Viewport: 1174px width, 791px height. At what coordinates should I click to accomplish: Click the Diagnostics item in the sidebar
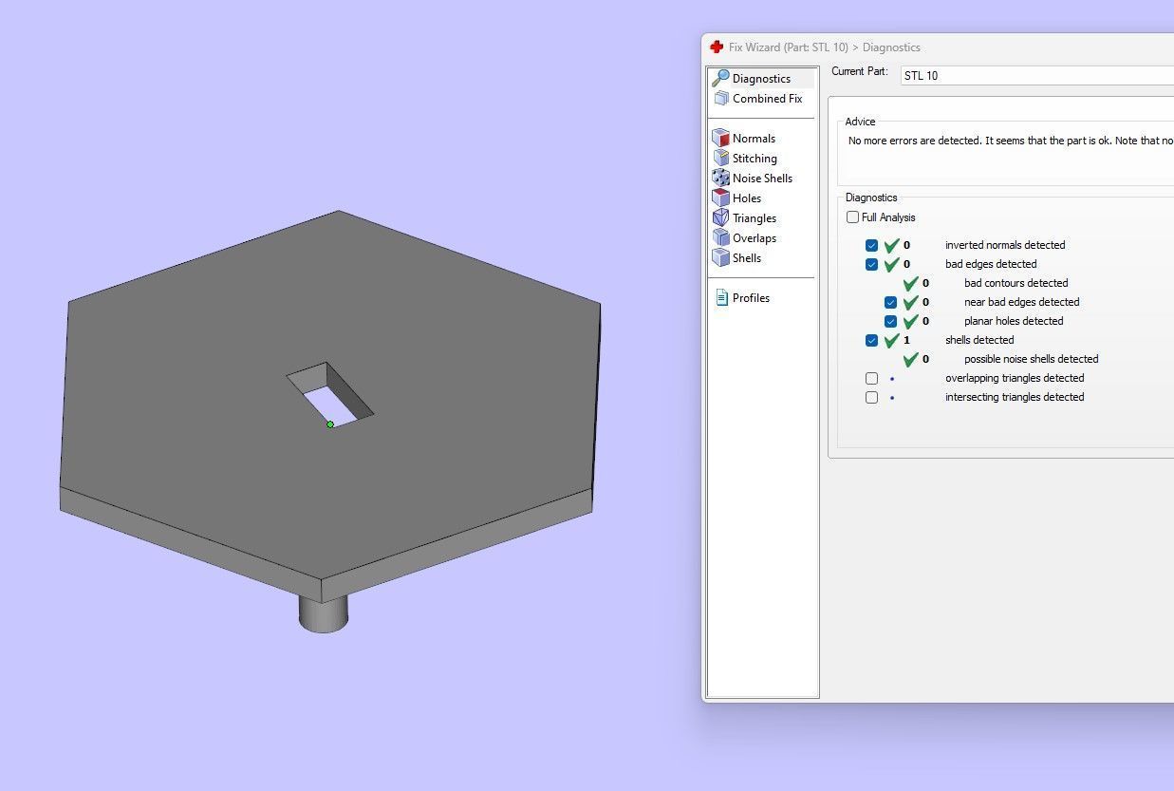click(760, 79)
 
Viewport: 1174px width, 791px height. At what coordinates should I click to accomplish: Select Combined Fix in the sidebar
click(766, 99)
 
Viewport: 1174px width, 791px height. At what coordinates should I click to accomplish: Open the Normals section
click(753, 139)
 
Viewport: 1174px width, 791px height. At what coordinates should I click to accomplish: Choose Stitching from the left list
click(754, 159)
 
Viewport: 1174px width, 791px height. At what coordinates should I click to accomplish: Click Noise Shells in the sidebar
click(761, 179)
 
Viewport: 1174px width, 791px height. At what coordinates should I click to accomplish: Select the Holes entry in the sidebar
click(746, 198)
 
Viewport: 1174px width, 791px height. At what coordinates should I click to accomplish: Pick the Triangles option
click(754, 218)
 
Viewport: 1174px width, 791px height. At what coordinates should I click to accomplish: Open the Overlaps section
click(754, 238)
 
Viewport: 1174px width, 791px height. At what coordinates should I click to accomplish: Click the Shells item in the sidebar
click(746, 258)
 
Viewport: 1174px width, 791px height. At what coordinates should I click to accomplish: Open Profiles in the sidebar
click(750, 298)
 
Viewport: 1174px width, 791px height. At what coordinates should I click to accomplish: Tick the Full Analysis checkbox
click(852, 217)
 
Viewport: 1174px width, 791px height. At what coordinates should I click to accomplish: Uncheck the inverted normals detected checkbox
click(871, 245)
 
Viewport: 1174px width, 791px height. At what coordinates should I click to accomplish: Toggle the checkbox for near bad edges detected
click(890, 302)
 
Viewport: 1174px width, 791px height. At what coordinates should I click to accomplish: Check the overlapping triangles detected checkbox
click(871, 378)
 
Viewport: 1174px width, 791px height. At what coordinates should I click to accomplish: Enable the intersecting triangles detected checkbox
click(871, 397)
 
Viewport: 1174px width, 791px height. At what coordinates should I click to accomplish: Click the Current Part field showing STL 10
click(1034, 76)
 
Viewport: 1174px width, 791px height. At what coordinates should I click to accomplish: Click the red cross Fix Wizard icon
click(717, 47)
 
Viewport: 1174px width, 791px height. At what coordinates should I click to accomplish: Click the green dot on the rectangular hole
click(330, 424)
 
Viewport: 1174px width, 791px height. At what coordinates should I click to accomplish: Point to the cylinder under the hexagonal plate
click(324, 612)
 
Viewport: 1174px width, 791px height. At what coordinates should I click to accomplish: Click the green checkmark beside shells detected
click(891, 340)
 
